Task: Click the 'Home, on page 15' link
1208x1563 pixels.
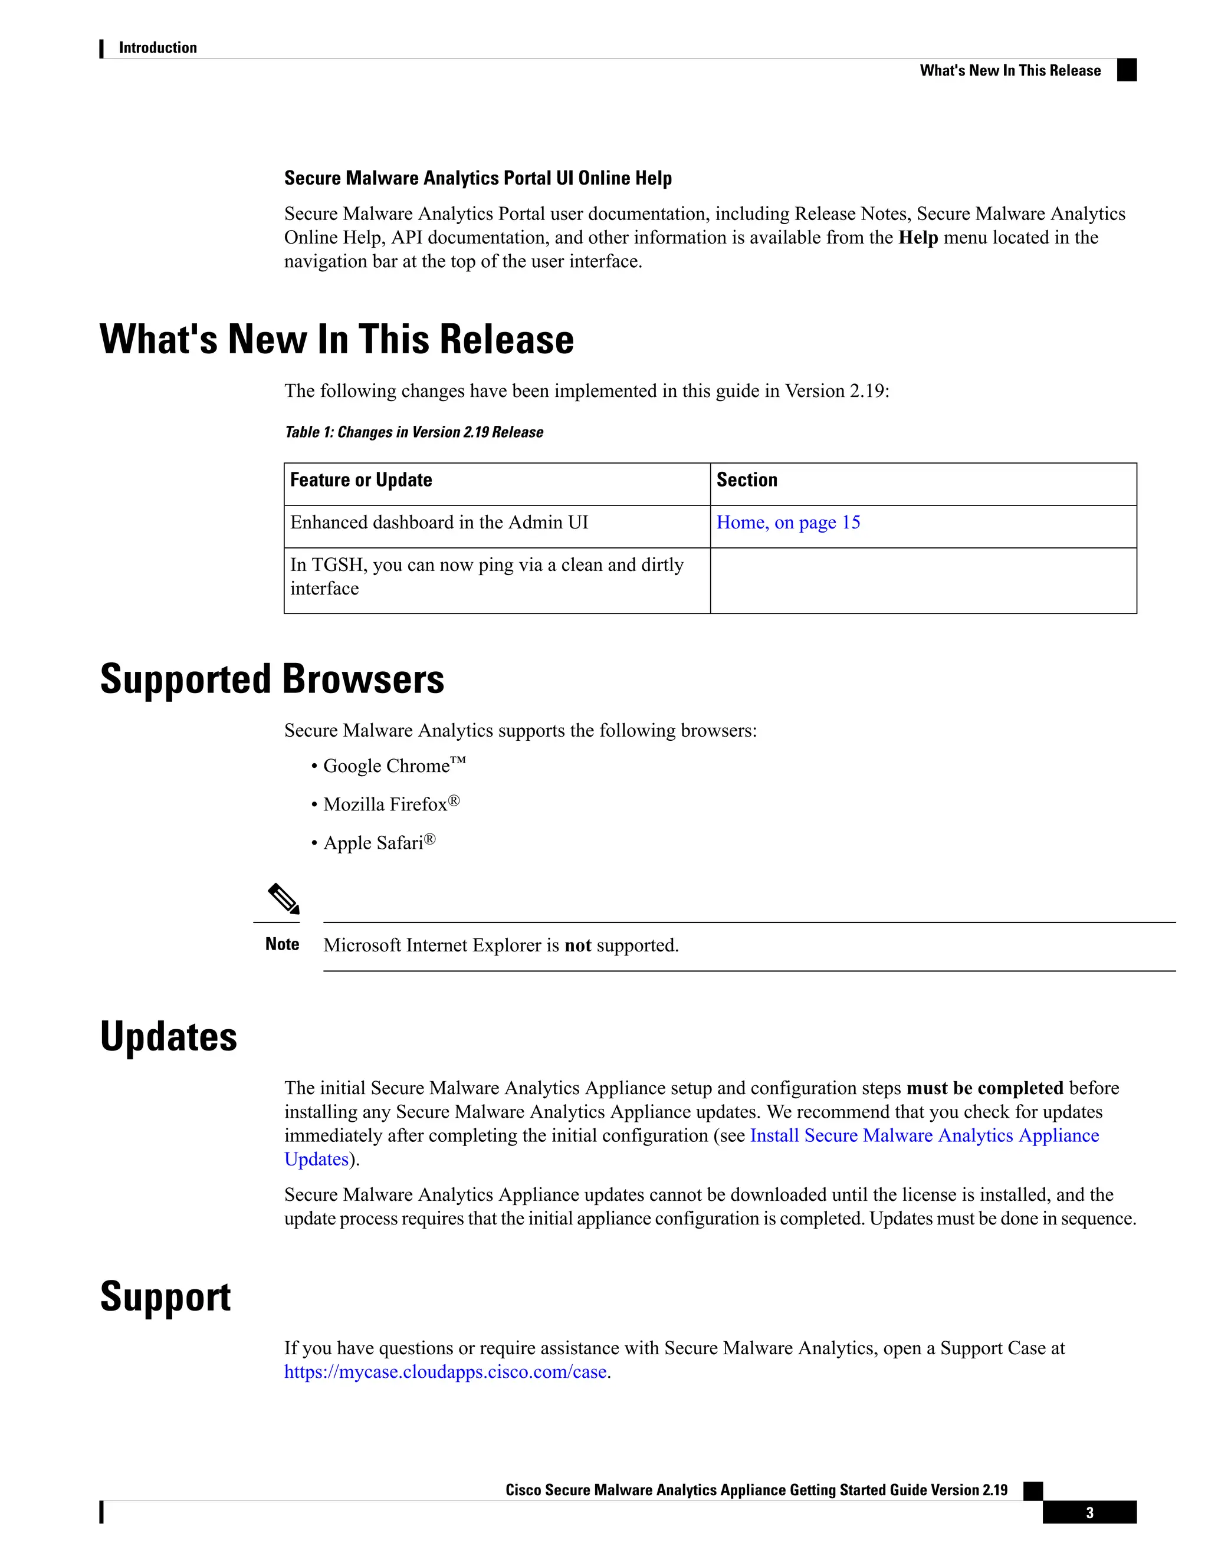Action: pyautogui.click(x=788, y=523)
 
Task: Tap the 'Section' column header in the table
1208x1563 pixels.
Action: pyautogui.click(x=746, y=480)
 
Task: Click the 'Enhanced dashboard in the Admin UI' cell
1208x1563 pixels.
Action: pyautogui.click(x=439, y=523)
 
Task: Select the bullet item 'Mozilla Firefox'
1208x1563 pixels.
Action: pyautogui.click(x=385, y=805)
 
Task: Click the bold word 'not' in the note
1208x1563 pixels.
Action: pyautogui.click(x=577, y=945)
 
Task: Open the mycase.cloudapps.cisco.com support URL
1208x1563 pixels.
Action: pyautogui.click(x=445, y=1372)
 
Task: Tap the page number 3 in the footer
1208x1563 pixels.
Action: pyautogui.click(x=1089, y=1513)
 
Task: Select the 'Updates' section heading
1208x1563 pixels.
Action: pyautogui.click(x=169, y=1037)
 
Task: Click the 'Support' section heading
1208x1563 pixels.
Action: pyautogui.click(x=165, y=1297)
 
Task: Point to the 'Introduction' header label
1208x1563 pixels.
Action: pyautogui.click(x=157, y=48)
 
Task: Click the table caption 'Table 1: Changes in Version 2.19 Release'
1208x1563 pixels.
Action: pyautogui.click(x=413, y=432)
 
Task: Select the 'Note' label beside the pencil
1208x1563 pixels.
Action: pyautogui.click(x=282, y=945)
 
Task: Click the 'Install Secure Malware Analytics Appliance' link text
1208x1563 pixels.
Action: pyautogui.click(x=924, y=1136)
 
